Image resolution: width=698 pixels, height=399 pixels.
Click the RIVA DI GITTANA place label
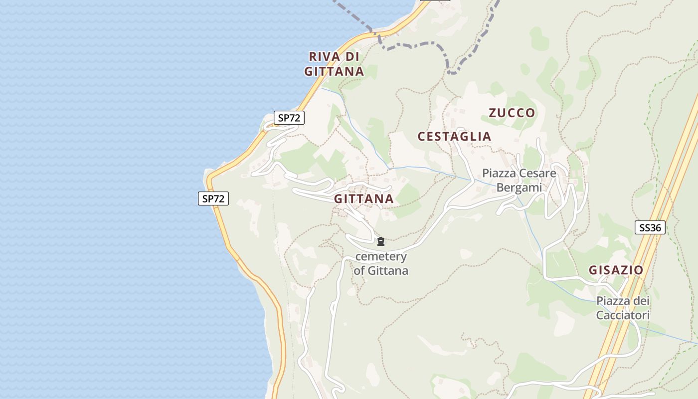tap(334, 64)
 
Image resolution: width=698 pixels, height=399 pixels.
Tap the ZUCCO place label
tap(512, 113)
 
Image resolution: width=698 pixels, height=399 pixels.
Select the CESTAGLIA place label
tap(454, 136)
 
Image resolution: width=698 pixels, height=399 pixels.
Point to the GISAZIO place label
tap(616, 270)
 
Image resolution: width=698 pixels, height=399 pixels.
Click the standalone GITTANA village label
tap(363, 199)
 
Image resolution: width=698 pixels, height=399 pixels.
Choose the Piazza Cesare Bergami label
tap(519, 181)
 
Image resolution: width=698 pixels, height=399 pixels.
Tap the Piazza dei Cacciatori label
tap(623, 308)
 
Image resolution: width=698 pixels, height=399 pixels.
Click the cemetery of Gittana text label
tap(381, 264)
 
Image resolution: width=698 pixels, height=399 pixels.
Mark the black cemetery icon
tap(381, 242)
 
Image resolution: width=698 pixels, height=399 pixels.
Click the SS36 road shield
tap(650, 228)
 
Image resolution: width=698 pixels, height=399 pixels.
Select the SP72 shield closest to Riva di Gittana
tap(289, 118)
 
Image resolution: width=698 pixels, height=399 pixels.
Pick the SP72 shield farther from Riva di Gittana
tap(213, 199)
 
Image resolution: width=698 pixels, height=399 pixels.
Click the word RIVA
tap(325, 56)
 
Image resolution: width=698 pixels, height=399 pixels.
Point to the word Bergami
tap(519, 188)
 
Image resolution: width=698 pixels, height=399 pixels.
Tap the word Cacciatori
tap(623, 315)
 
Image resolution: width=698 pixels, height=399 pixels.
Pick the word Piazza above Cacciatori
tap(623, 301)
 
